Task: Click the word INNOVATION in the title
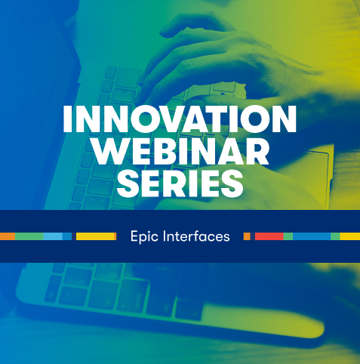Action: pos(180,119)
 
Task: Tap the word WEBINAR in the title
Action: pos(180,151)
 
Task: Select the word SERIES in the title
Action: pos(180,184)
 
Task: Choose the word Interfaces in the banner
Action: pos(196,236)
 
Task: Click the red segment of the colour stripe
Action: pos(269,236)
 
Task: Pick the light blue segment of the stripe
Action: pos(53,236)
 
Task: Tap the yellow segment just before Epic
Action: pos(95,236)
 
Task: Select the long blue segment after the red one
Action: pos(312,236)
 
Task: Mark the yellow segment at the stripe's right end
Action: pos(350,236)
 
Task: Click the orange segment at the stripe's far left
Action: pos(8,236)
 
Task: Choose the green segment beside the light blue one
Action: pos(29,236)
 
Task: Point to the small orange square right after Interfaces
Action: pos(247,236)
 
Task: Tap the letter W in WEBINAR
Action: pos(109,151)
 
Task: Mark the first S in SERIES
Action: pos(128,184)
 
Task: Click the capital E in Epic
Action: pos(134,236)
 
